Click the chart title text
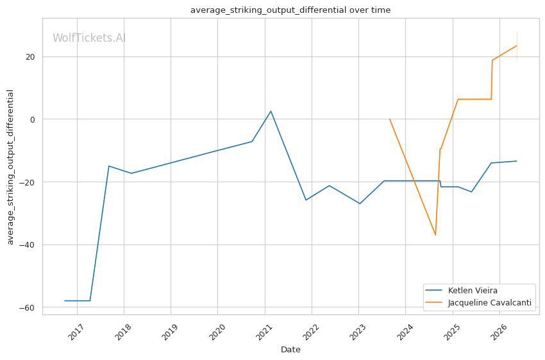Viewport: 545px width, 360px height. click(x=290, y=10)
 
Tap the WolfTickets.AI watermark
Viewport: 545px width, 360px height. click(x=89, y=38)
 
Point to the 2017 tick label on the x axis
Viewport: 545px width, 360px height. click(x=76, y=332)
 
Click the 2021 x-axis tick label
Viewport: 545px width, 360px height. click(x=264, y=332)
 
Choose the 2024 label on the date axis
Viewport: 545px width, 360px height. click(x=405, y=332)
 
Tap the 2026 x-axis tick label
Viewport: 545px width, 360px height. click(x=498, y=332)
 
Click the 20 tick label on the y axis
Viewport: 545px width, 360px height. click(x=30, y=56)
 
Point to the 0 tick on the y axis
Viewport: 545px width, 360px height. click(x=33, y=119)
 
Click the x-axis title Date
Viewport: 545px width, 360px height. click(x=290, y=350)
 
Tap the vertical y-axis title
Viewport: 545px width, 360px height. click(x=10, y=167)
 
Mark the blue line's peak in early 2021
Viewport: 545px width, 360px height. click(x=271, y=111)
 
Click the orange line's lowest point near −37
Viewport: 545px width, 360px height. click(x=435, y=235)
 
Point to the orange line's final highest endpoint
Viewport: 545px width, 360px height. click(x=517, y=46)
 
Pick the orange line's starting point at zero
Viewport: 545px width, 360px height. click(x=390, y=119)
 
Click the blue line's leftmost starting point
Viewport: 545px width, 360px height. click(x=65, y=300)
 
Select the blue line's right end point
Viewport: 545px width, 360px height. click(x=517, y=161)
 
